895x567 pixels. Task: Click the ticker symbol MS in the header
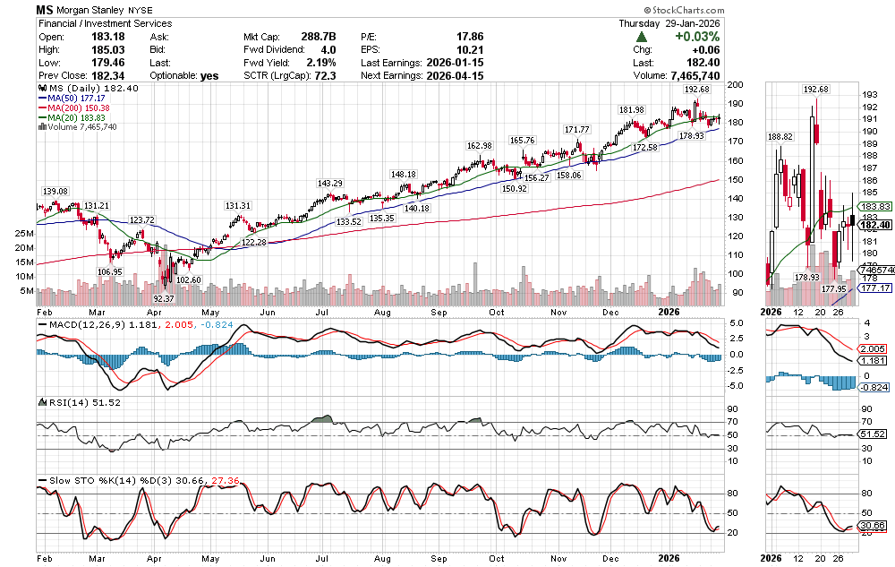(47, 11)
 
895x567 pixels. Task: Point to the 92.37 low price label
(163, 297)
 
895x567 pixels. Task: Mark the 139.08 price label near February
(55, 192)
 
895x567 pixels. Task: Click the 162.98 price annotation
(479, 146)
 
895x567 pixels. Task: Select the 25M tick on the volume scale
(25, 233)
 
